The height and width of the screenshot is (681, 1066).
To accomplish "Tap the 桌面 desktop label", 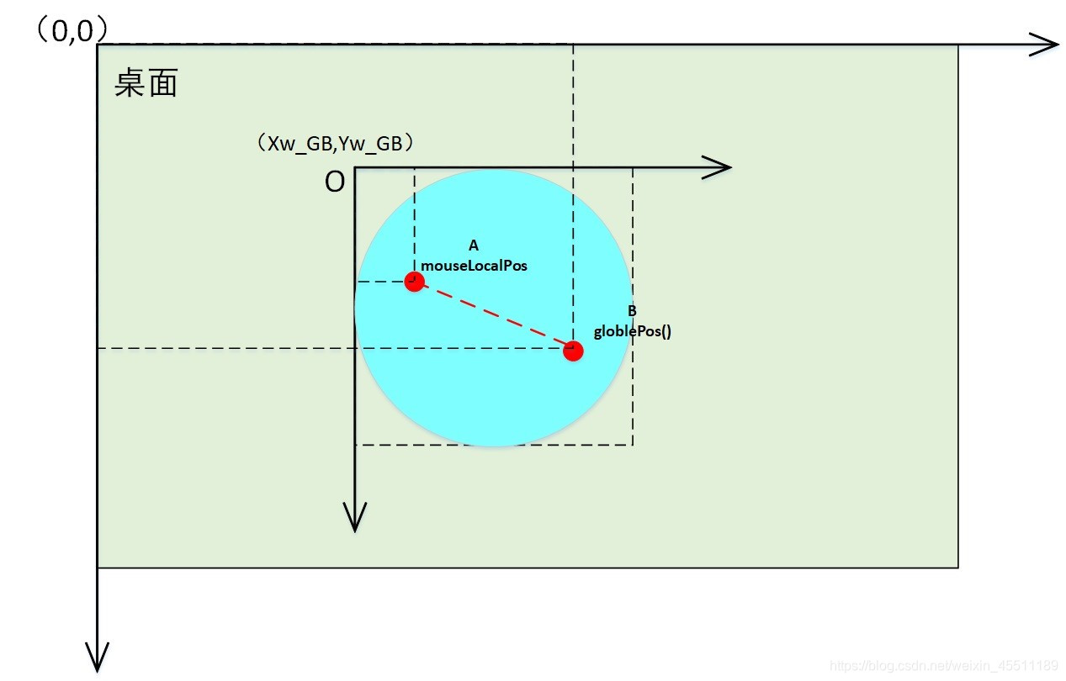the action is [146, 84].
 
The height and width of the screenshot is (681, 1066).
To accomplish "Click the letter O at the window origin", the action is [335, 182].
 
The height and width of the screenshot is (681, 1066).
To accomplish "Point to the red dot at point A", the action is [413, 282].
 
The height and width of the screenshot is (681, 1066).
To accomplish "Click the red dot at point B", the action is [573, 351].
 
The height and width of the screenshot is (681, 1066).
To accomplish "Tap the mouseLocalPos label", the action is [474, 265].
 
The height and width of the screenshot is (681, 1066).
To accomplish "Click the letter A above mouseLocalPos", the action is [473, 245].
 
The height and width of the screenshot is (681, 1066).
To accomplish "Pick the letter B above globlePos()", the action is [632, 311].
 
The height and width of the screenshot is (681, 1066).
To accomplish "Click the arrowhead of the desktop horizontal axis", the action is [1045, 45].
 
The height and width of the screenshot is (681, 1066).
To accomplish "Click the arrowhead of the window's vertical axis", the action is [356, 516].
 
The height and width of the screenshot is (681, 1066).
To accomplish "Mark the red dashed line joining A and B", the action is [493, 316].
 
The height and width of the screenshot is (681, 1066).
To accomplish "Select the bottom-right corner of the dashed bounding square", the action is [633, 445].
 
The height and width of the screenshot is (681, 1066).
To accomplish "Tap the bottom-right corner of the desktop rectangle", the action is [958, 567].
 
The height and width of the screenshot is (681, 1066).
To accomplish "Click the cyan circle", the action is [492, 387].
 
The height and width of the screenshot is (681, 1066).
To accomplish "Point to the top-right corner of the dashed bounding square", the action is [633, 168].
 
